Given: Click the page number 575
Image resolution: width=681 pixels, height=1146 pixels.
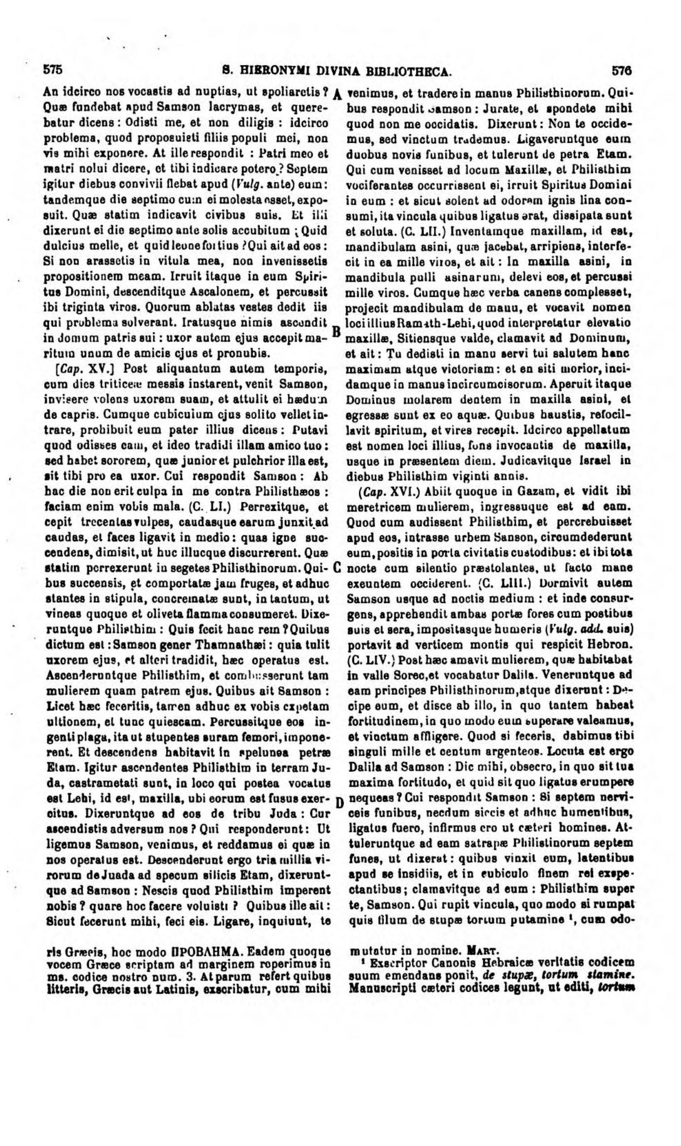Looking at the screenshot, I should click(53, 70).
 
